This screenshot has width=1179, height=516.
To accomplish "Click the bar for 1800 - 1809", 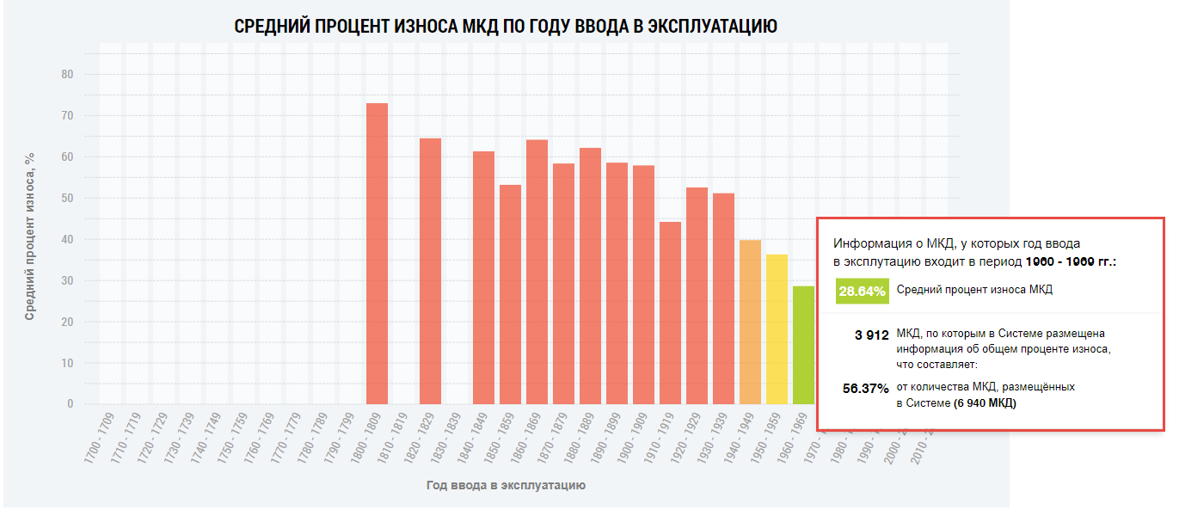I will tap(377, 254).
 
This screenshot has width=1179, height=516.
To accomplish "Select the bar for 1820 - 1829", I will tap(430, 271).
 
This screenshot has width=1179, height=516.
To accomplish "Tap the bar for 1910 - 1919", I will tap(670, 313).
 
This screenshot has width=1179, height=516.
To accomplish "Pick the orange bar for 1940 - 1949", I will tap(750, 322).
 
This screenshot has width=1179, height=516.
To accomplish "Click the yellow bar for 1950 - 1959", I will tap(777, 329).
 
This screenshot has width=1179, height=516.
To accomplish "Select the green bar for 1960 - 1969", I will tap(803, 345).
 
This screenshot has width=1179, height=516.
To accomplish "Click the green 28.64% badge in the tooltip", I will tap(862, 291).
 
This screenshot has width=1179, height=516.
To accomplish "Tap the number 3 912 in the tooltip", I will tap(872, 335).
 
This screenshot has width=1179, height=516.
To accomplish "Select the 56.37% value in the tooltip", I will tap(865, 388).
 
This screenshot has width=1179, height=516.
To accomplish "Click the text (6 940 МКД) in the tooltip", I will tap(984, 402).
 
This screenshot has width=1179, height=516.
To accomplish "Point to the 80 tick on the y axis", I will tap(67, 75).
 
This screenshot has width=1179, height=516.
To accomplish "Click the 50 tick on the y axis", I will tap(67, 199).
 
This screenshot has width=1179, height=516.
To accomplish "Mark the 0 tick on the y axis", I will tap(71, 404).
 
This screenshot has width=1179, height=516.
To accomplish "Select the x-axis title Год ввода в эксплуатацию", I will tap(506, 485).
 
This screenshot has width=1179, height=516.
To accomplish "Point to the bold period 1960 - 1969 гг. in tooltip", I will tap(1071, 261).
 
